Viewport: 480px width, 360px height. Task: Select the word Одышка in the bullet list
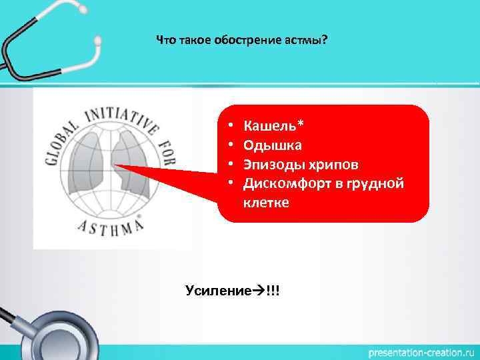[x=273, y=145]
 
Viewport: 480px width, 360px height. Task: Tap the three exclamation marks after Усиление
[x=273, y=291]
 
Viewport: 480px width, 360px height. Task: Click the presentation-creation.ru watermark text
[x=419, y=351]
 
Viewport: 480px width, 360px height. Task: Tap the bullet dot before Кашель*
[x=229, y=125]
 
